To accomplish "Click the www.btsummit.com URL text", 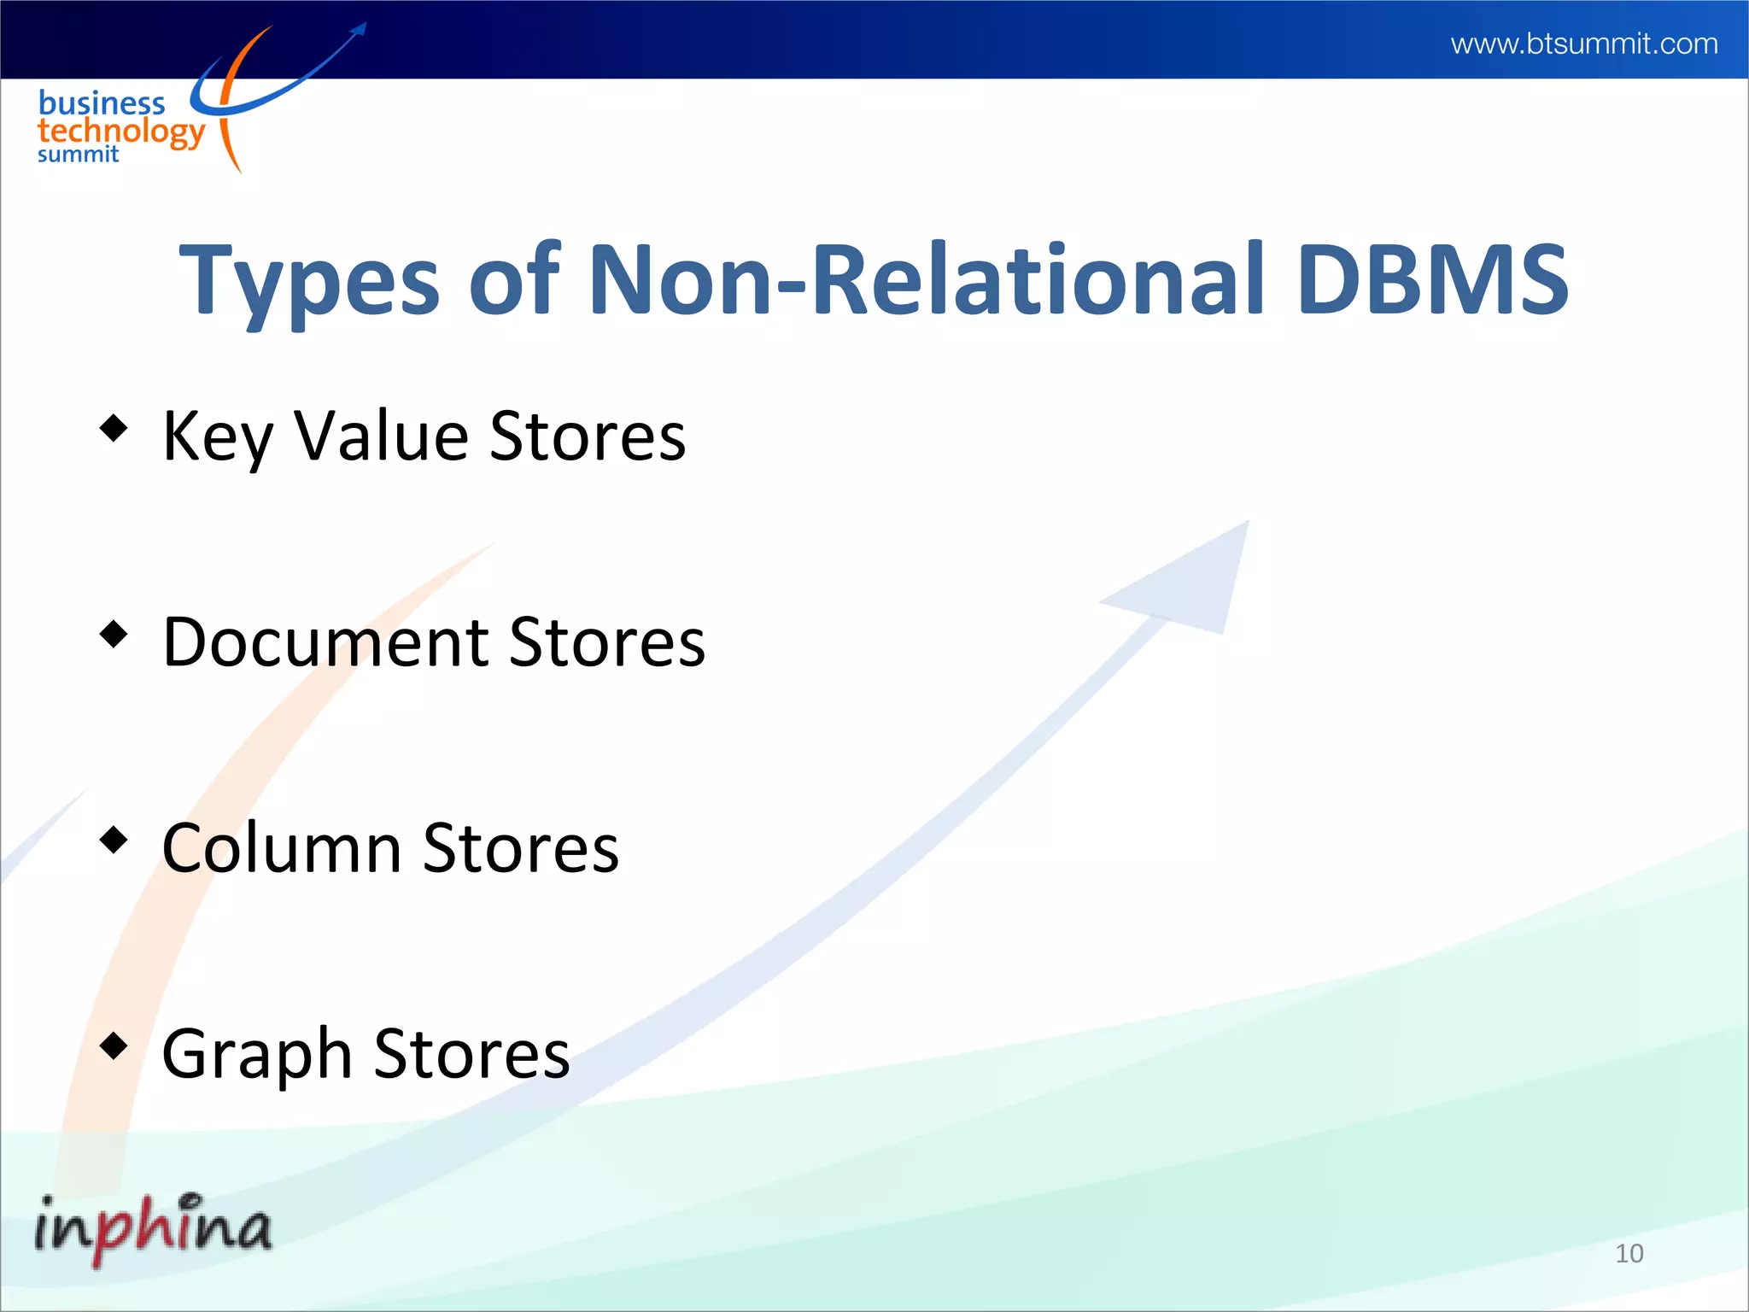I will (1583, 44).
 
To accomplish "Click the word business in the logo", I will (102, 103).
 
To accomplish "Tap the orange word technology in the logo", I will (120, 132).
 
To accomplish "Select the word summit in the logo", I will (78, 155).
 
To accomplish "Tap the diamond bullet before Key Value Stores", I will (114, 427).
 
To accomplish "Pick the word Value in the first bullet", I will (381, 436).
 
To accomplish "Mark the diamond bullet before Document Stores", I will (114, 634).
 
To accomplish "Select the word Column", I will (282, 848).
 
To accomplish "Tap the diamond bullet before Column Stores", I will (114, 840).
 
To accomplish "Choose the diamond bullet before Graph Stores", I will (114, 1045).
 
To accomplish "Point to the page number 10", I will (1629, 1253).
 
